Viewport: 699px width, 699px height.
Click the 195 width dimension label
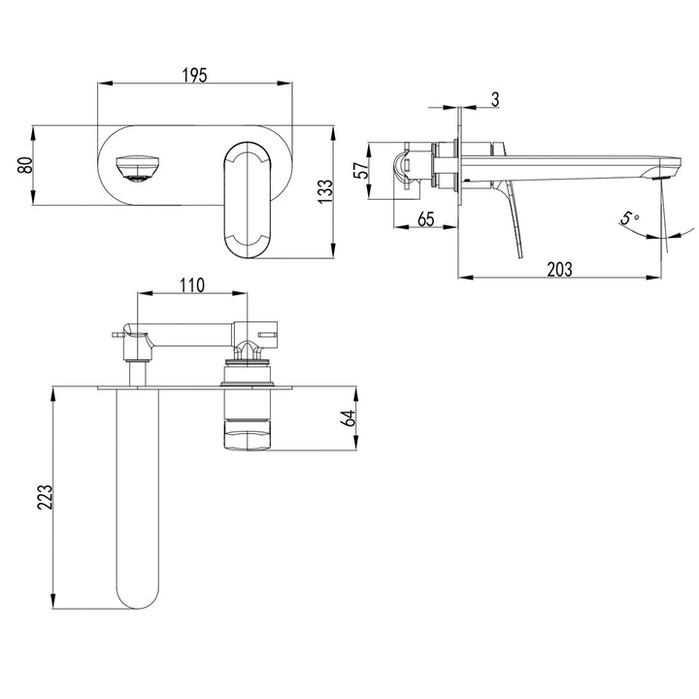coord(194,76)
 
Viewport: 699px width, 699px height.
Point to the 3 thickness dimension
coord(495,97)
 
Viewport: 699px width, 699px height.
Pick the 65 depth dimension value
coord(424,218)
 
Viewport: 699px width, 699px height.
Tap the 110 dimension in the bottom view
coord(191,284)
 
